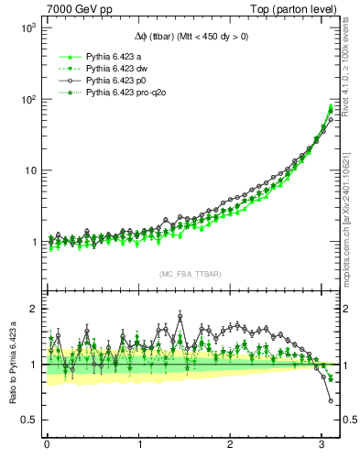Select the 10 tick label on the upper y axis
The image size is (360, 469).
(29, 170)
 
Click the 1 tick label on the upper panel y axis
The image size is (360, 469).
(33, 242)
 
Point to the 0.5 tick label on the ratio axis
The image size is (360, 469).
(28, 420)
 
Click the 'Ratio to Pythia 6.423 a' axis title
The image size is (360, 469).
(10, 364)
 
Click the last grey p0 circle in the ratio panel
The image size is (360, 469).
(331, 400)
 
